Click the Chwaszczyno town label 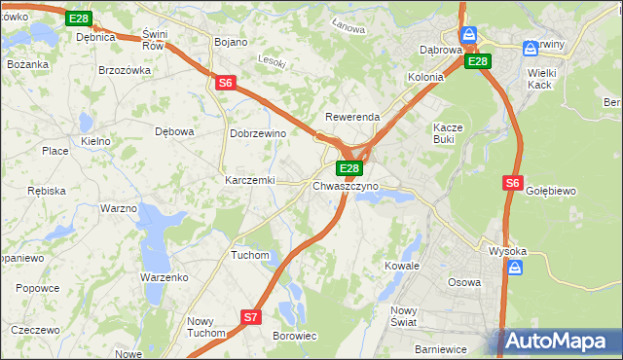346,186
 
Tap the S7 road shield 251,316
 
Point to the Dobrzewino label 257,133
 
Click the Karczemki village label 250,181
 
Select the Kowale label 401,265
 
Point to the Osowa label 463,282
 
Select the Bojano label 231,42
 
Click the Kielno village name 95,141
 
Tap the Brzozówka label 125,70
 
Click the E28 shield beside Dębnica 79,18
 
